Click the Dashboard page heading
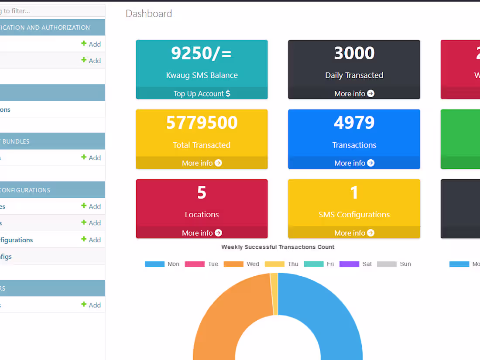pos(149,14)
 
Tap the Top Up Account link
pos(202,93)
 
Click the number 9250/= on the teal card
pos(201,53)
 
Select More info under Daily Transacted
pos(354,93)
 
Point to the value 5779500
pos(202,123)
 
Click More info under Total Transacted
pos(202,163)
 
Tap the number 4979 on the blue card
pos(354,123)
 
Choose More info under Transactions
pos(354,163)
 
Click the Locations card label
pos(202,214)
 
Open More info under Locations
pos(202,233)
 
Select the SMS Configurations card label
pos(354,214)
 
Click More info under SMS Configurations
pos(354,233)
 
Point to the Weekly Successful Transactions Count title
pos(278,247)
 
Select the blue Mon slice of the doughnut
pos(332,314)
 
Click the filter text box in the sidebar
pos(52,11)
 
